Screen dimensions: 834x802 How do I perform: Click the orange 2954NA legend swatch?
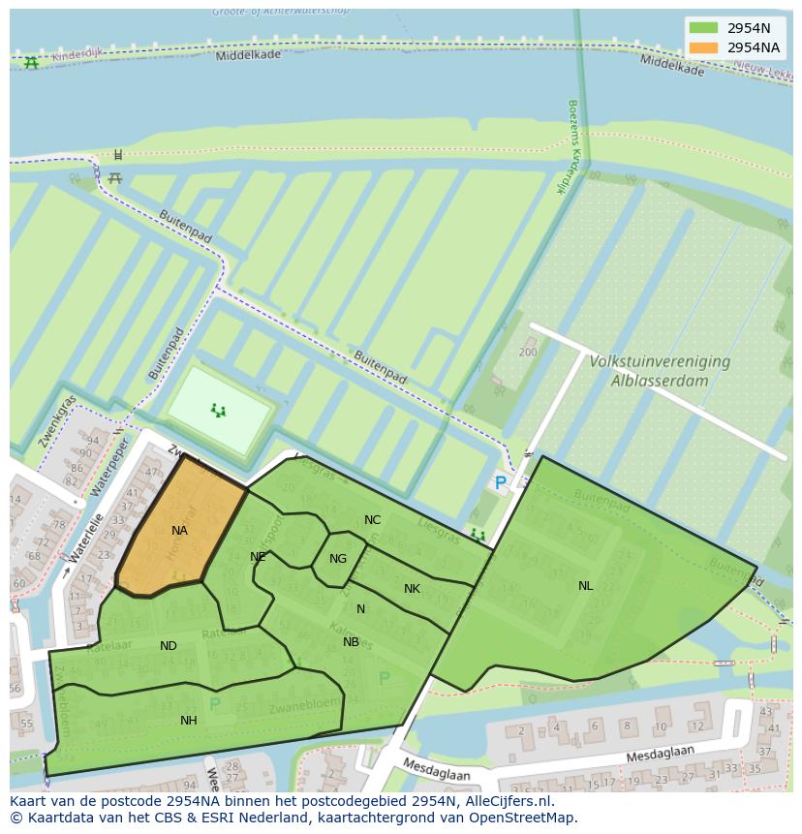tap(704, 47)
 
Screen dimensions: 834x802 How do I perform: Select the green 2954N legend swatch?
tap(704, 28)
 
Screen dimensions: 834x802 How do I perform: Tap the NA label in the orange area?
tap(179, 531)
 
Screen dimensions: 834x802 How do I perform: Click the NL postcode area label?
tap(585, 586)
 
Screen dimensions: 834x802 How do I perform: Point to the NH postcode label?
tap(189, 721)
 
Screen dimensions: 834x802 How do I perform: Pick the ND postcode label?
tap(169, 646)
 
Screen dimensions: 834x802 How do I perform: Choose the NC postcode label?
tap(372, 520)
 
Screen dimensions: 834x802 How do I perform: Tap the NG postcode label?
tap(337, 559)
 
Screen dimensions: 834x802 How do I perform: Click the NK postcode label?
tap(412, 589)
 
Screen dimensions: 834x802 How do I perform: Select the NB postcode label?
tap(351, 642)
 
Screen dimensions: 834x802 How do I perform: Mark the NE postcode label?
tap(258, 557)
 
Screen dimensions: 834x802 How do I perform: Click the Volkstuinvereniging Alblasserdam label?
tap(660, 370)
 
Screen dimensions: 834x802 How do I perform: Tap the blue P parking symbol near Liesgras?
tap(500, 482)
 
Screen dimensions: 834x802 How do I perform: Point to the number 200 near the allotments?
tap(528, 353)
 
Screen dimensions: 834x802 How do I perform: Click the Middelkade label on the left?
tap(249, 55)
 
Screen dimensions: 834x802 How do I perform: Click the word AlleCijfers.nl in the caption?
tap(505, 801)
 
